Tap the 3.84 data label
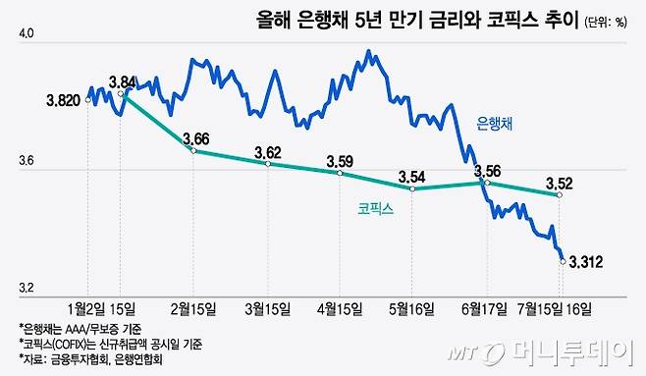[124, 81]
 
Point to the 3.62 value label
[268, 152]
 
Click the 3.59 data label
[340, 161]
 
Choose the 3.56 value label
[488, 171]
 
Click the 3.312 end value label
[587, 260]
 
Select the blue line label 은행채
[495, 123]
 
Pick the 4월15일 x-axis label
[340, 308]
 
